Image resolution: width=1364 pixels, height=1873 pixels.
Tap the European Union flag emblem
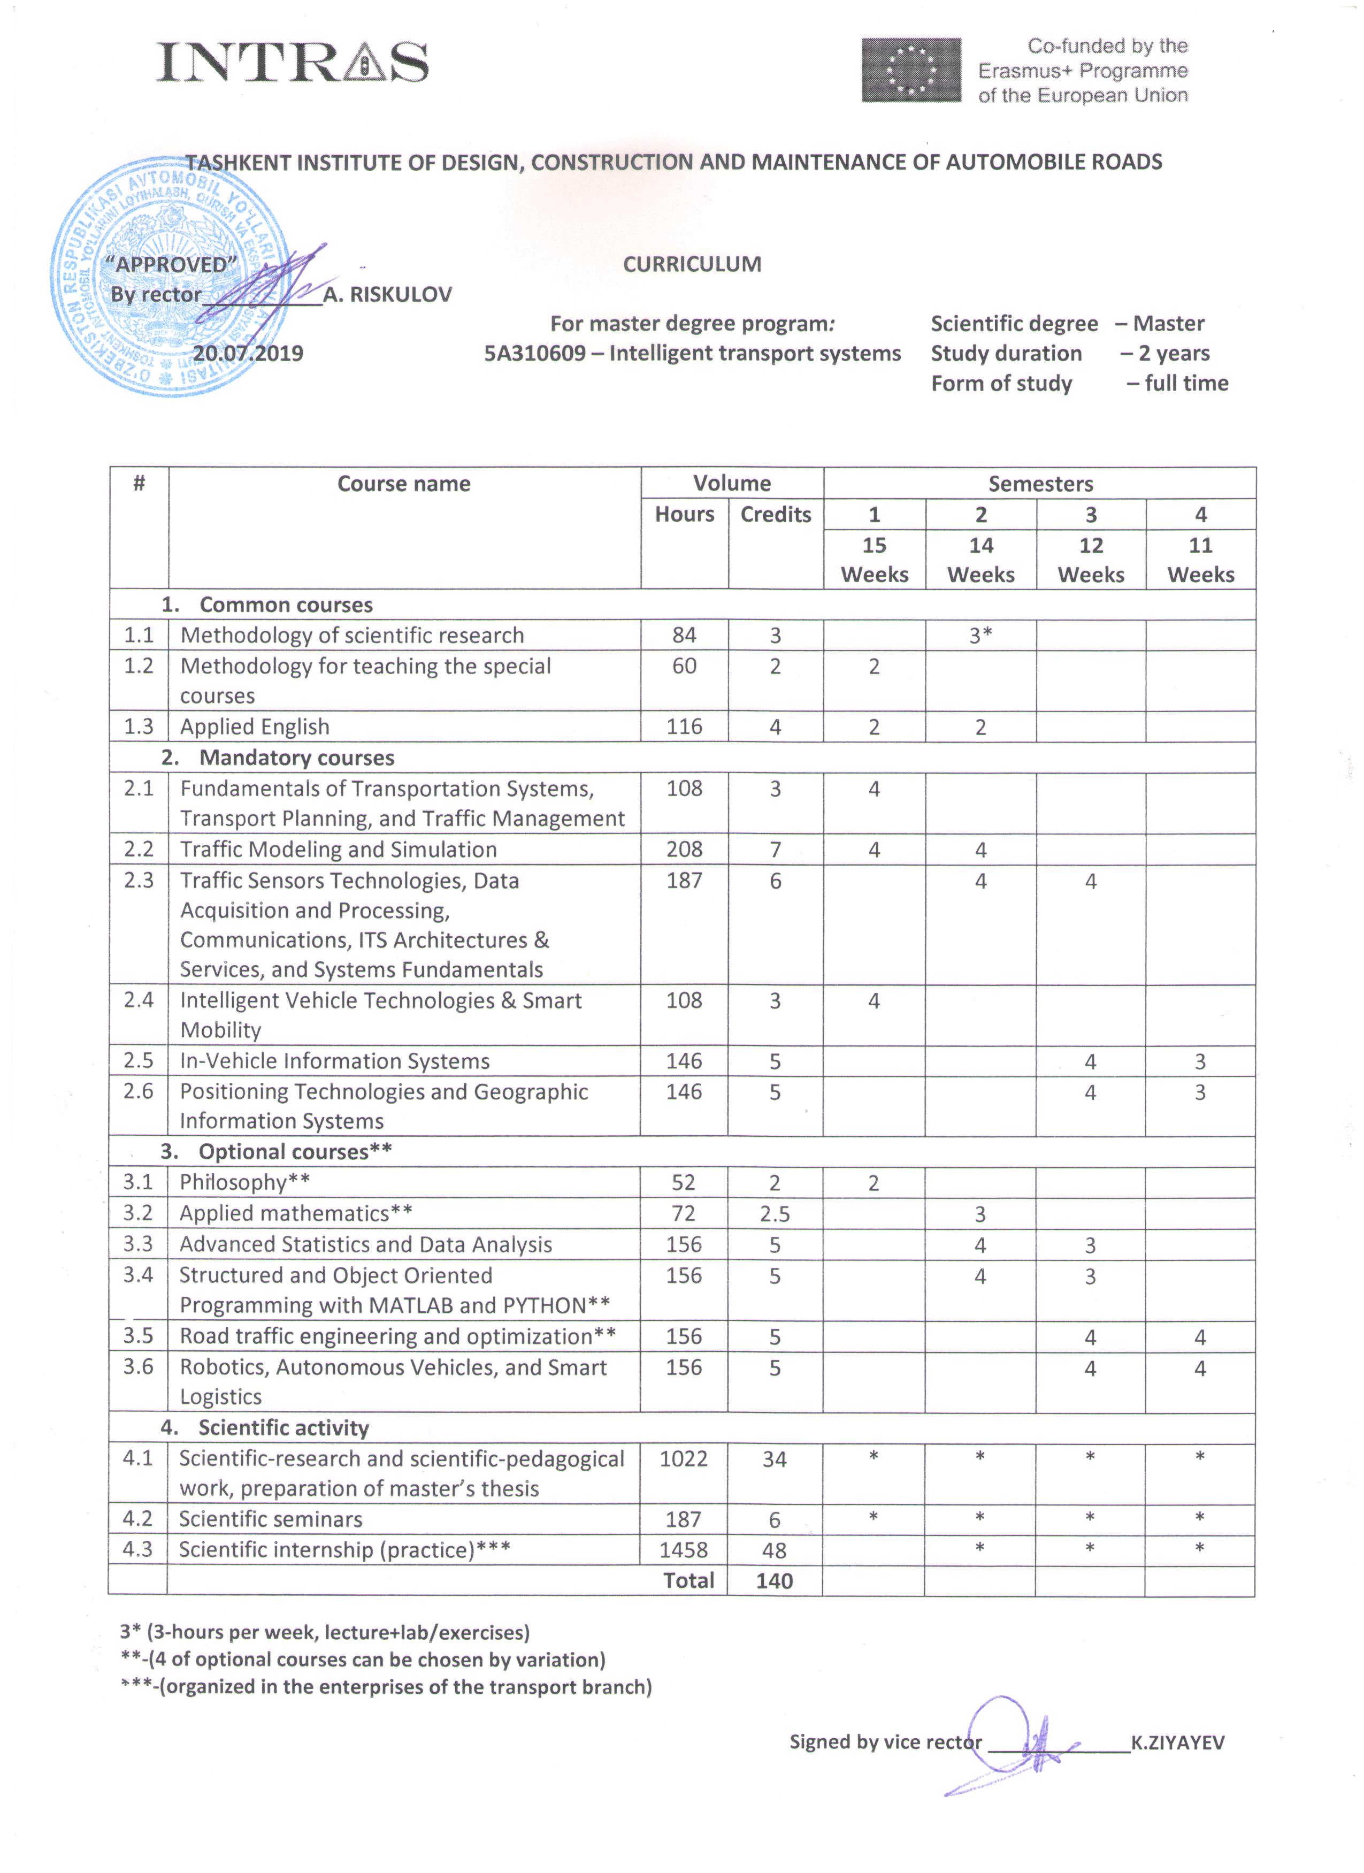(911, 70)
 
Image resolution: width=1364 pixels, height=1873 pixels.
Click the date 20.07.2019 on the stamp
(248, 354)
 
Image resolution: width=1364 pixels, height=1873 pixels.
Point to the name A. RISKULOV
(387, 295)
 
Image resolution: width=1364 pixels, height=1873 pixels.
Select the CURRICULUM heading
(692, 264)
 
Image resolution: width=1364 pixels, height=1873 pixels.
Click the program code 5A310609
(534, 354)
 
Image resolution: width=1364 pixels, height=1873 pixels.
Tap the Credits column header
(775, 515)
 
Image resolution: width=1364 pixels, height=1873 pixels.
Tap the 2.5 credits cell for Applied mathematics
(775, 1214)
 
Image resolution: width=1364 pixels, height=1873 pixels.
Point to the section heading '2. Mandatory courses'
(278, 758)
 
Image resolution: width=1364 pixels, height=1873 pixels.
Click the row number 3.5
(138, 1336)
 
